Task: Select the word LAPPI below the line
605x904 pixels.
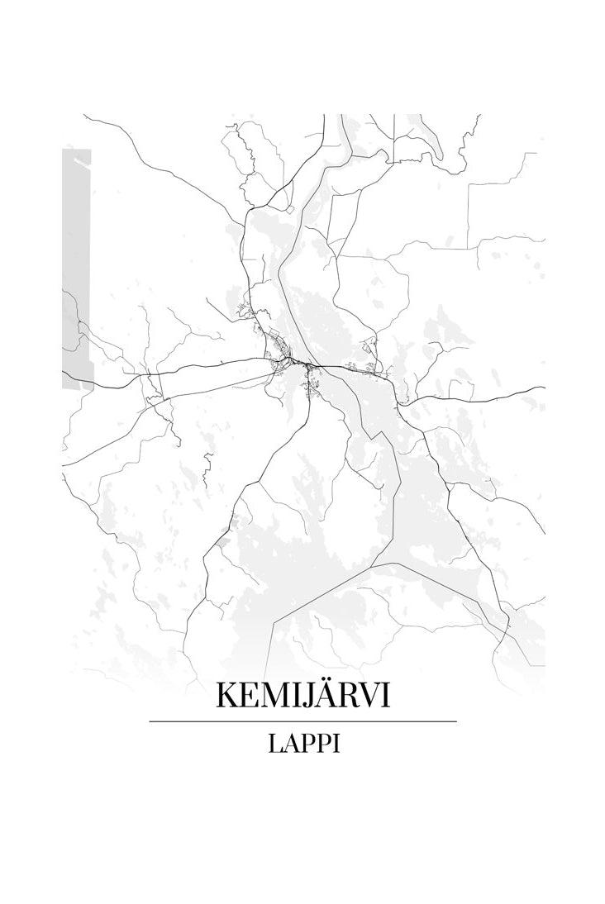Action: coord(303,745)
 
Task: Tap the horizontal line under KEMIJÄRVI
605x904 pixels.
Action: coord(302,721)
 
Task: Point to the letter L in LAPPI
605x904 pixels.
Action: coord(274,745)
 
